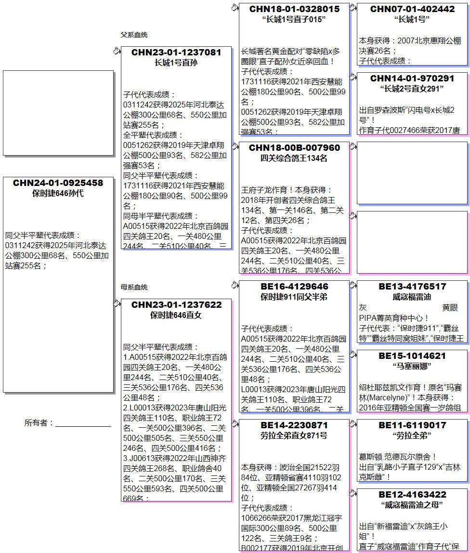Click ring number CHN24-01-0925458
coord(58,183)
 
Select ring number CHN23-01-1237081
coord(176,53)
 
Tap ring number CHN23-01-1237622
coord(176,305)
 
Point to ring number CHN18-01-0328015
coord(294,9)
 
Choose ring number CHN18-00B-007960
coord(294,148)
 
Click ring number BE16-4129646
coord(294,287)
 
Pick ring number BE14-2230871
coord(294,425)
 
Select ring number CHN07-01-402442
coord(412,9)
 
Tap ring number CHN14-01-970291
coord(412,79)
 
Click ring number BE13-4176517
coord(412,287)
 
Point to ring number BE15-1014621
coord(412,356)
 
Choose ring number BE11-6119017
coord(412,425)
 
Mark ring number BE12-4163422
coord(412,495)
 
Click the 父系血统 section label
coord(134,35)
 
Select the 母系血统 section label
coord(134,288)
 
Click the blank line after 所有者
coord(83,423)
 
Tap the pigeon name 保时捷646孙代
coord(58,194)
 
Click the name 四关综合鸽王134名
coord(294,158)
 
